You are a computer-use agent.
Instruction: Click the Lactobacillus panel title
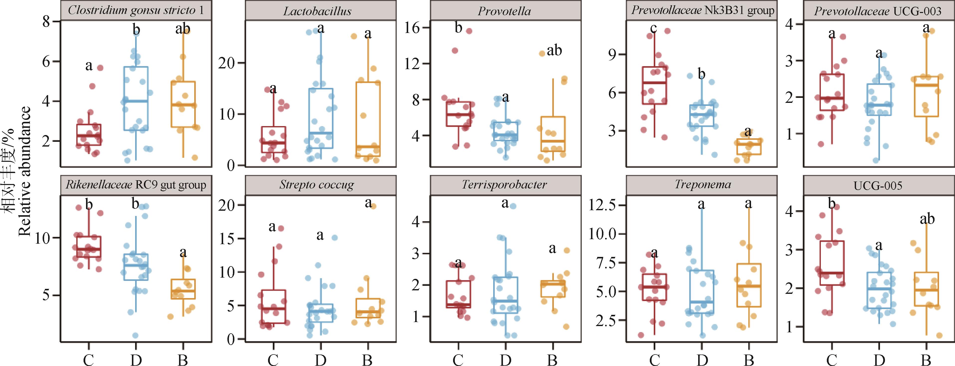[317, 11]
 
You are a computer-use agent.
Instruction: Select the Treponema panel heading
[702, 184]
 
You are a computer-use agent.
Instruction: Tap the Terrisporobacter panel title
[504, 184]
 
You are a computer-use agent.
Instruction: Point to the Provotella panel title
[504, 11]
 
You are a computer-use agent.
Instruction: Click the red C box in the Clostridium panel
[89, 134]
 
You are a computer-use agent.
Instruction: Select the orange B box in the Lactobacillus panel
[367, 119]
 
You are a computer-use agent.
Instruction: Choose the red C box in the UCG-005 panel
[832, 263]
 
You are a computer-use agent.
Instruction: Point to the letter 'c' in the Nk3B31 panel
[653, 28]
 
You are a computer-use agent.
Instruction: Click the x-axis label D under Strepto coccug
[320, 360]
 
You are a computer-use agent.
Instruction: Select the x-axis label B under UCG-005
[926, 360]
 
